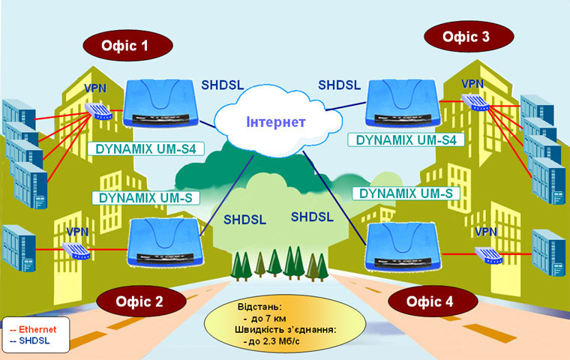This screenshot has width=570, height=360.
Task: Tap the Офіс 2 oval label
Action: point(140,301)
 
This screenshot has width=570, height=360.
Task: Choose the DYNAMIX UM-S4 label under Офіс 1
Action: point(145,148)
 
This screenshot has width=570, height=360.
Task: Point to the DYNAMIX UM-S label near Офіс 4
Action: point(406,193)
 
